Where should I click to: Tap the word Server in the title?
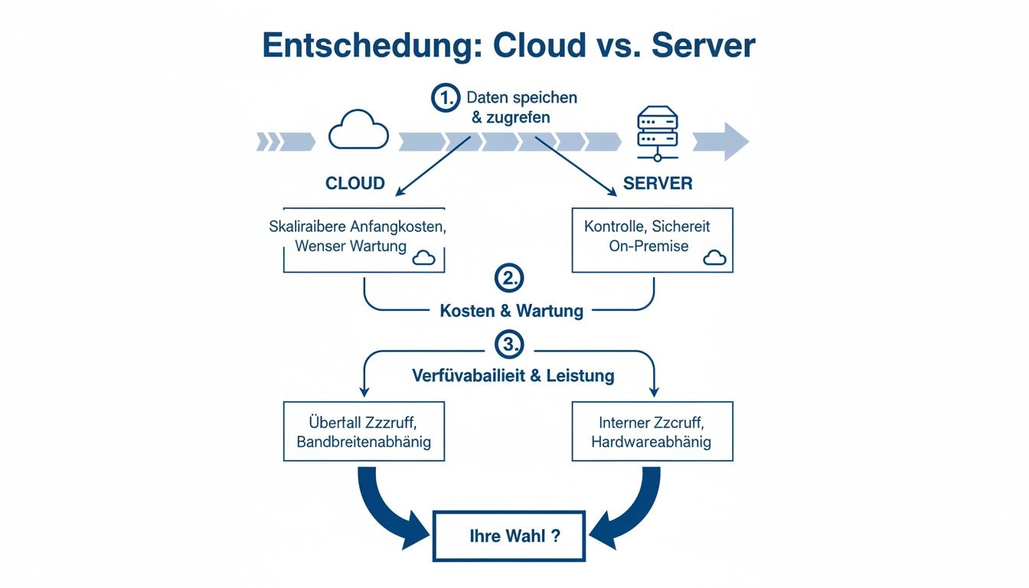pyautogui.click(x=703, y=46)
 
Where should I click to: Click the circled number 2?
pyautogui.click(x=509, y=279)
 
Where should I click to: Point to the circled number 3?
pyautogui.click(x=509, y=345)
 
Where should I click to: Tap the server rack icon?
pyautogui.click(x=657, y=133)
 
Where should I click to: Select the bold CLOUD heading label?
pyautogui.click(x=355, y=184)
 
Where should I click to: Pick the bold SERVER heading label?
pyautogui.click(x=658, y=184)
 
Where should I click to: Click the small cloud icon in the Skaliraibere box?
pyautogui.click(x=423, y=258)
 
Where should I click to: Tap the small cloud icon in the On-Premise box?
pyautogui.click(x=714, y=258)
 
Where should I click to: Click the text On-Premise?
pyautogui.click(x=648, y=246)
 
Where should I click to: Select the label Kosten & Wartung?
pyautogui.click(x=511, y=311)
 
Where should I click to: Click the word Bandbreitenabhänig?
pyautogui.click(x=364, y=442)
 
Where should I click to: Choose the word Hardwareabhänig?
pyautogui.click(x=652, y=442)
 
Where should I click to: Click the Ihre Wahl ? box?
pyautogui.click(x=509, y=536)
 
